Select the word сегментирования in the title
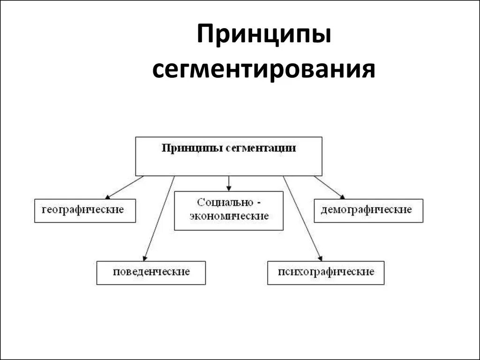click(x=264, y=70)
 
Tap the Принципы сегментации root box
click(x=229, y=156)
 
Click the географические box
click(x=85, y=210)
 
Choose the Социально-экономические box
click(x=229, y=210)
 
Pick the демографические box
click(x=368, y=210)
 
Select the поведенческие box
click(x=151, y=273)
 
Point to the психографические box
click(x=326, y=273)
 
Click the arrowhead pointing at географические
click(x=108, y=196)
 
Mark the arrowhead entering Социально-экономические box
click(x=229, y=188)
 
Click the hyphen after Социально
click(x=258, y=203)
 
